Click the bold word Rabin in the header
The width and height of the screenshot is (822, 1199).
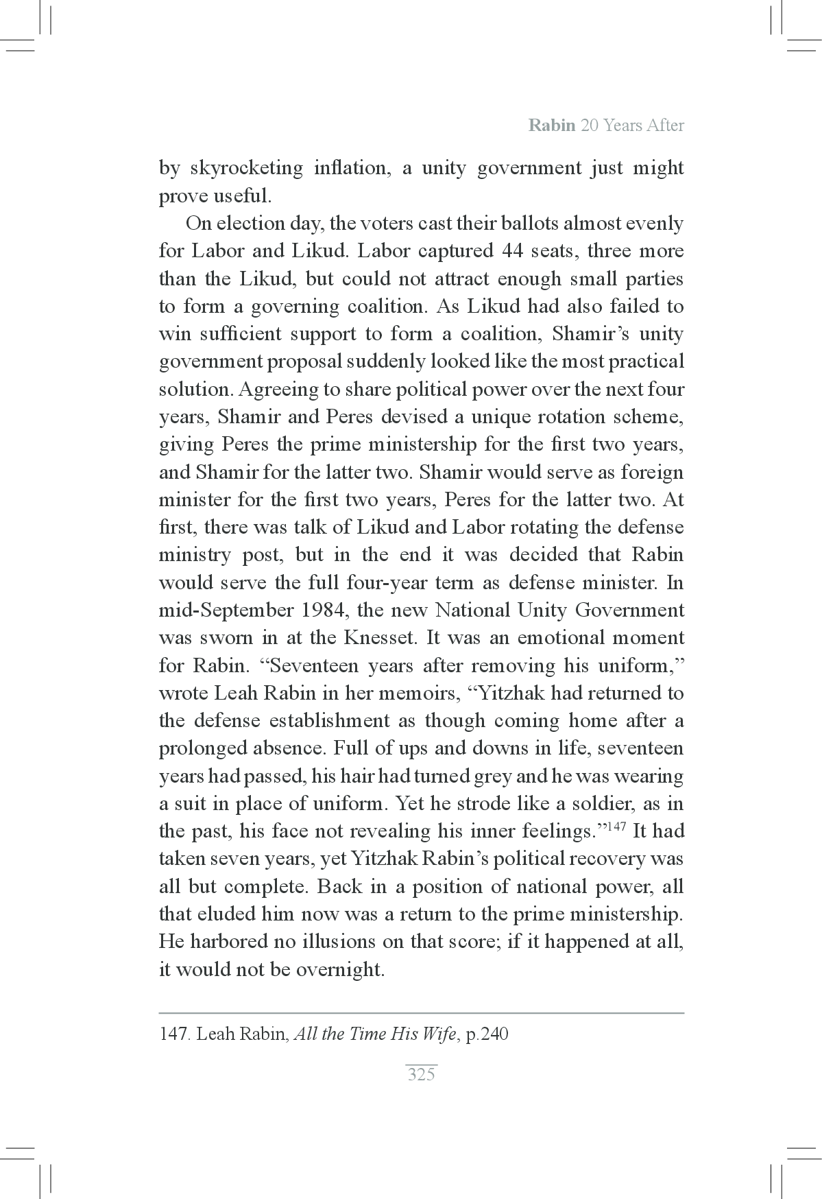pos(551,126)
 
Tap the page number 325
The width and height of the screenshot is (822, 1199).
pos(421,1074)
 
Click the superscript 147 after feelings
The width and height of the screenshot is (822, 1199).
pos(617,826)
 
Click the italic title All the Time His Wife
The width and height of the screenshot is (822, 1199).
pos(374,1034)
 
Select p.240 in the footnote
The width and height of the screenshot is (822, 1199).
pos(487,1034)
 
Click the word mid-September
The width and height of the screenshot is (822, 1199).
pos(219,610)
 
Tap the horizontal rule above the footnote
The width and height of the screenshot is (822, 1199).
pos(421,1012)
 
